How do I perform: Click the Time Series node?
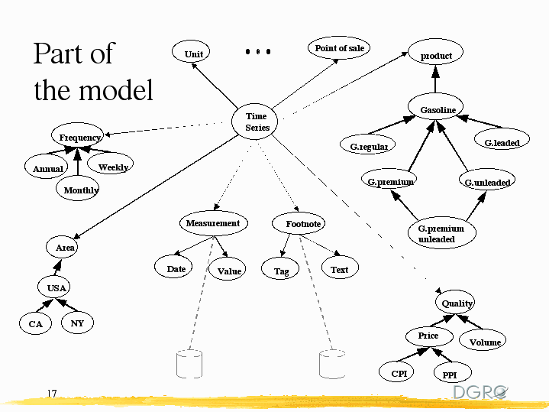pyautogui.click(x=257, y=122)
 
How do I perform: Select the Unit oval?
pyautogui.click(x=194, y=54)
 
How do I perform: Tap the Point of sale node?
pyautogui.click(x=340, y=48)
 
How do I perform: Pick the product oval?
pyautogui.click(x=436, y=55)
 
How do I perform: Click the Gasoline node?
pyautogui.click(x=438, y=110)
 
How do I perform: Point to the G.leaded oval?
pyautogui.click(x=502, y=142)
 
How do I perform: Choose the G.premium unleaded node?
pyautogui.click(x=441, y=233)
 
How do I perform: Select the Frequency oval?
pyautogui.click(x=80, y=138)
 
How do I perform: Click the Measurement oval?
pyautogui.click(x=213, y=223)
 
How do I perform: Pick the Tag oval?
pyautogui.click(x=281, y=271)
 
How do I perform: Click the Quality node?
pyautogui.click(x=457, y=303)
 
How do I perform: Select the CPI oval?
pyautogui.click(x=399, y=374)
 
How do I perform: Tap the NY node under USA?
pyautogui.click(x=77, y=323)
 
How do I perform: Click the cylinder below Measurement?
pyautogui.click(x=189, y=364)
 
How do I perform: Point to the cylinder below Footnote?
pyautogui.click(x=331, y=364)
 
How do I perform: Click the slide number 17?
pyautogui.click(x=52, y=394)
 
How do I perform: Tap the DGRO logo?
pyautogui.click(x=480, y=391)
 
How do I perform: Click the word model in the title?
pyautogui.click(x=116, y=90)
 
